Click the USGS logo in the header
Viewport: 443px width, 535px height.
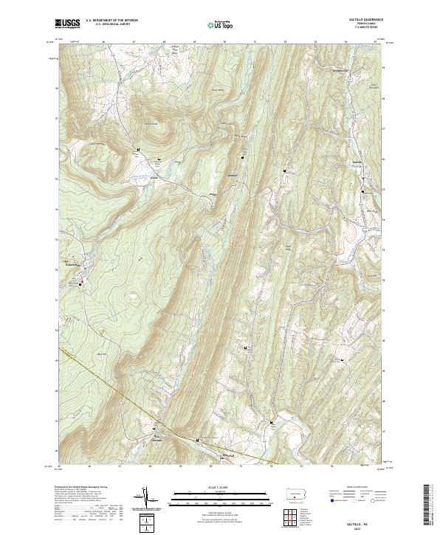coord(68,24)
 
